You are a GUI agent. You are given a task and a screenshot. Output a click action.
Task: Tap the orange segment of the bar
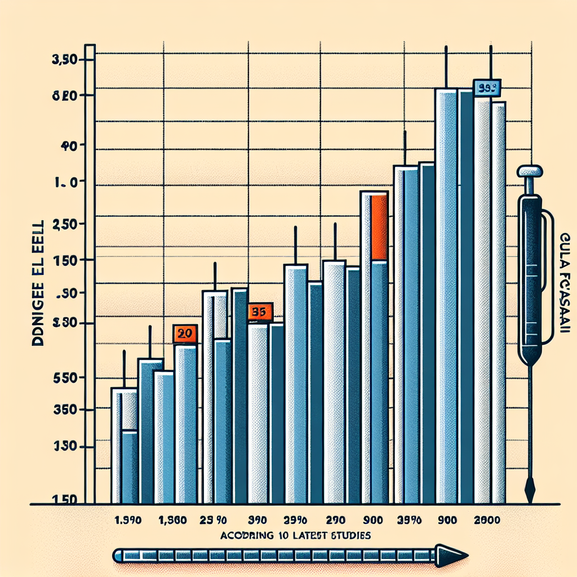(x=379, y=227)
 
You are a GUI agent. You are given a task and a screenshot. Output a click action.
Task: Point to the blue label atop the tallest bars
(x=487, y=88)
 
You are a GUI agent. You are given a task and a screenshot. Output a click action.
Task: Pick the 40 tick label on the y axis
(x=68, y=145)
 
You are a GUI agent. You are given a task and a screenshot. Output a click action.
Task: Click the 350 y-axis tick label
(x=65, y=411)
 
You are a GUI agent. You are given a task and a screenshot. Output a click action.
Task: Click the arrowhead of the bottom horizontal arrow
(x=452, y=556)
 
